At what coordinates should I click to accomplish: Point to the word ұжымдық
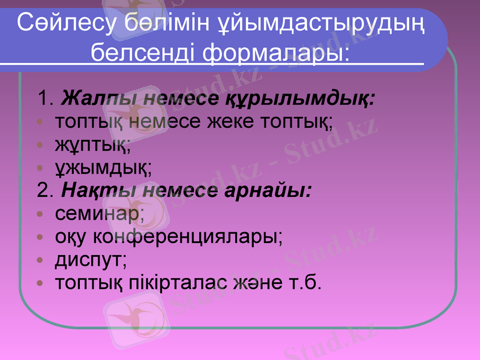(103, 168)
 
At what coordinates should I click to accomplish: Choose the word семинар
(99, 214)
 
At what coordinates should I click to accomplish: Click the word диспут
(91, 261)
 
